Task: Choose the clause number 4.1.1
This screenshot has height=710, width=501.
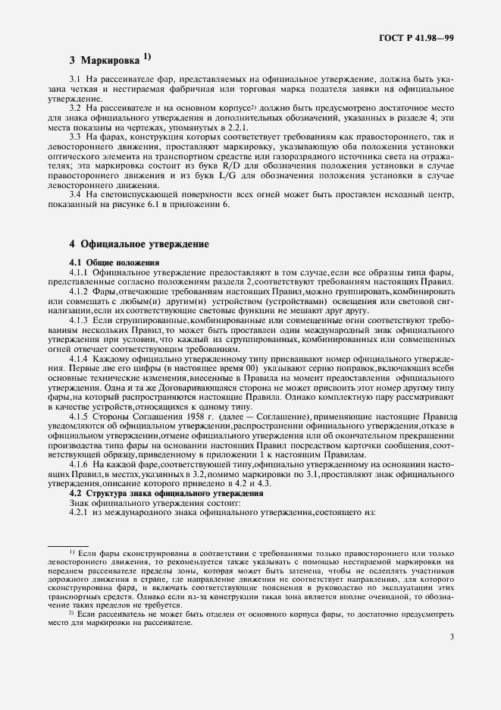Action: (x=80, y=272)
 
